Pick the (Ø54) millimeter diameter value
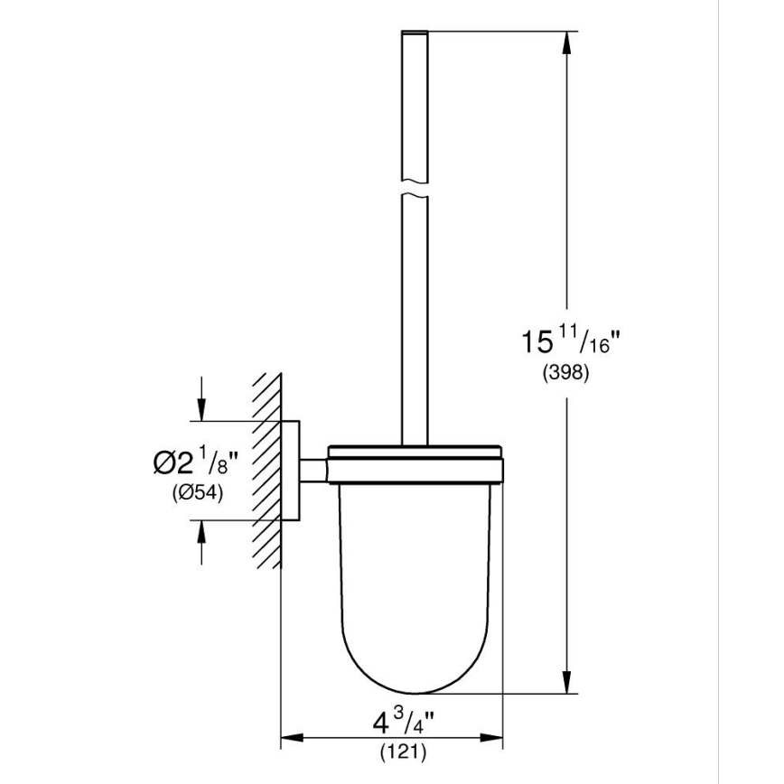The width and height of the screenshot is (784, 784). [196, 492]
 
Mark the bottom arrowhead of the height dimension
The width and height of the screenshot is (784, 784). [568, 684]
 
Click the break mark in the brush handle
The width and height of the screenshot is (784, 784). [412, 191]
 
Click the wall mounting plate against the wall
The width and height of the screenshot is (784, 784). [291, 471]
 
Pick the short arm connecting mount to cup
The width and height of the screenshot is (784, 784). [313, 471]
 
